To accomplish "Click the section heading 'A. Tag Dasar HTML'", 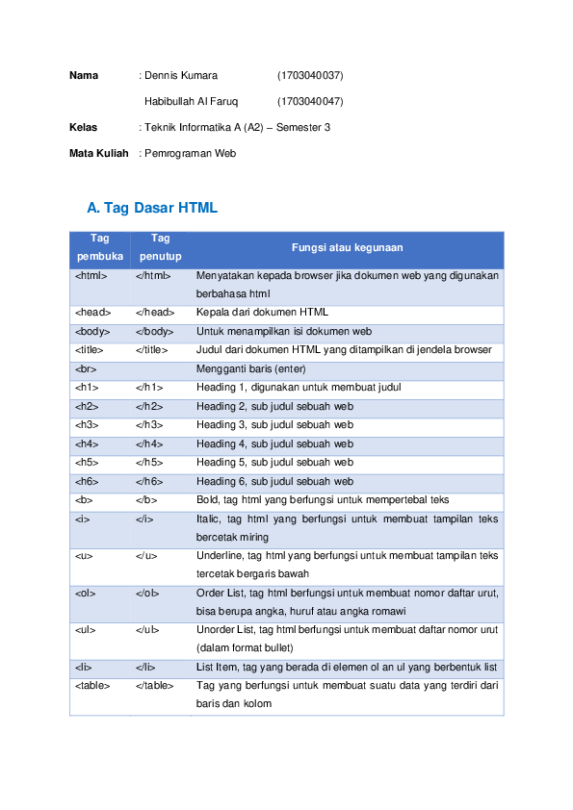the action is [151, 208].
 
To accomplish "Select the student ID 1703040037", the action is [310, 75].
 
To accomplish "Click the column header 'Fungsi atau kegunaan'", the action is [347, 248].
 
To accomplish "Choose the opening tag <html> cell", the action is [91, 275].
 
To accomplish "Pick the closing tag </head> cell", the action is [154, 313].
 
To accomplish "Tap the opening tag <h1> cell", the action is [87, 388].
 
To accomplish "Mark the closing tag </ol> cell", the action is [147, 593].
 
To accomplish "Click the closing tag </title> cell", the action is [152, 350].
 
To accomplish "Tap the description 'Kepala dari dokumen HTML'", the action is [262, 313].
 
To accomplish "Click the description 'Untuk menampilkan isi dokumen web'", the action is [283, 331].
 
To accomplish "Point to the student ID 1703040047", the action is [310, 101].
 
